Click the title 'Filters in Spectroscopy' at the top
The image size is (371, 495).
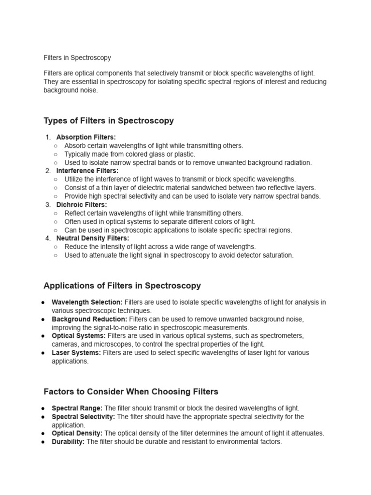point(77,58)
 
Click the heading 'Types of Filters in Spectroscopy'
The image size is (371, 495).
point(109,121)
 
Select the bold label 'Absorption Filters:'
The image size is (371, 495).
point(86,137)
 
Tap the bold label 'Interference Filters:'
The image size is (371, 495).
point(87,171)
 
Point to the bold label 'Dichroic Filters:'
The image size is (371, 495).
point(82,204)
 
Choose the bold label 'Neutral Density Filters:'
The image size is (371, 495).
point(93,238)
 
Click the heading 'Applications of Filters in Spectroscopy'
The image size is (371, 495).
point(122,286)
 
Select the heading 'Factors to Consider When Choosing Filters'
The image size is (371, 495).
point(131,392)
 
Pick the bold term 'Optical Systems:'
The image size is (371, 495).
point(79,336)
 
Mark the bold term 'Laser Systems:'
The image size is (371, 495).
point(76,353)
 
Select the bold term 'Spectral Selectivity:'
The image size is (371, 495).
point(83,417)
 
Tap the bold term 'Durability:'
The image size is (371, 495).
point(68,442)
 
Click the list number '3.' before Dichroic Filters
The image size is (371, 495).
point(48,204)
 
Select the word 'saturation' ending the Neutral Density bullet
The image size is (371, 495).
point(277,255)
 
